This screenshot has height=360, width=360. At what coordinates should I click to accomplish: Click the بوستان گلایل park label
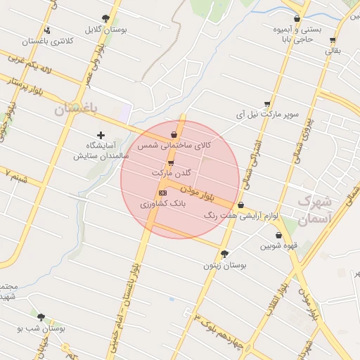pos(105,30)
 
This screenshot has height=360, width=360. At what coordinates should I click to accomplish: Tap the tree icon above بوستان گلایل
pos(105,19)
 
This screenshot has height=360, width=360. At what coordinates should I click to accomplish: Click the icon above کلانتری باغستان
pos(46,30)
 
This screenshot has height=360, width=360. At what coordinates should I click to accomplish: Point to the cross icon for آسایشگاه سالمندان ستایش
pos(101,134)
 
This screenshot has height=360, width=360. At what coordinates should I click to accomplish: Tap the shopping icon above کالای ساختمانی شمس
pos(174,134)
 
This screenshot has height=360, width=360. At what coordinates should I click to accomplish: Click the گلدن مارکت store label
pos(171,172)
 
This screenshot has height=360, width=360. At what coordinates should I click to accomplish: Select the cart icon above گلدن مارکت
pos(171,163)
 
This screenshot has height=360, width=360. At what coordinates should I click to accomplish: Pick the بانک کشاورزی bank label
pos(162,203)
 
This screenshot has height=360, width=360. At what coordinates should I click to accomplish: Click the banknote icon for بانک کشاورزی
pos(162,192)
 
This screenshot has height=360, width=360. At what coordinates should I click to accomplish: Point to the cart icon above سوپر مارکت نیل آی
pos(267,103)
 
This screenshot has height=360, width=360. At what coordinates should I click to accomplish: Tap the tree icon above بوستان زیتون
pos(224,254)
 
